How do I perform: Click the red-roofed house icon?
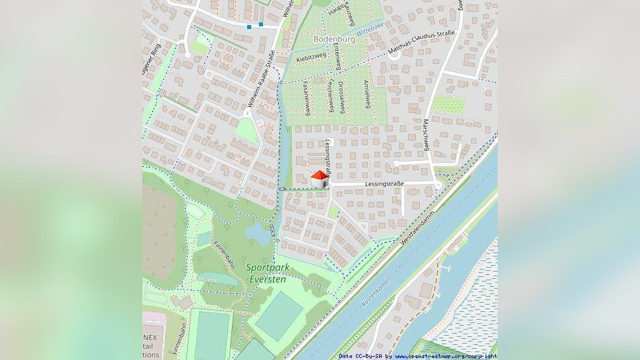click(x=320, y=179)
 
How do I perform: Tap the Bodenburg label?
click(x=334, y=39)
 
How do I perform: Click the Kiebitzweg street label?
click(x=311, y=59)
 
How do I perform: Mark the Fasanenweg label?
click(x=305, y=98)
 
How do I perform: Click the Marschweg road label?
click(x=426, y=135)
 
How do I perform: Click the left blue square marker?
click(x=249, y=27)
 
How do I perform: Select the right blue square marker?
click(x=261, y=24)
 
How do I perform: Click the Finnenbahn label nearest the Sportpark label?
click(x=223, y=254)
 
